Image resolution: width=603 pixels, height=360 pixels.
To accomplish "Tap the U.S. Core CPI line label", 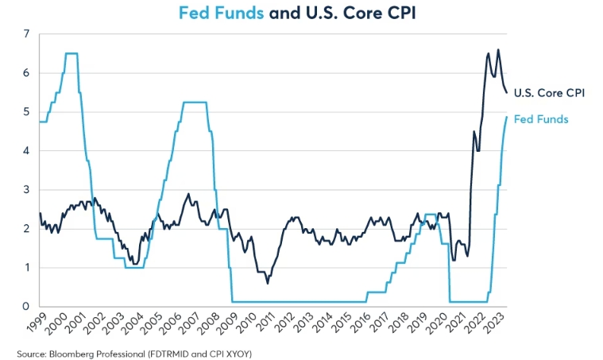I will point(549,93).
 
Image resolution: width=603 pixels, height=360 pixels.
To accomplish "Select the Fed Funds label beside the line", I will point(541,119).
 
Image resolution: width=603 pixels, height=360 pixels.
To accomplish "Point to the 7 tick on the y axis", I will point(26,34).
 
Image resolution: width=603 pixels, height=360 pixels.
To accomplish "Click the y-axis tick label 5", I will point(26,112).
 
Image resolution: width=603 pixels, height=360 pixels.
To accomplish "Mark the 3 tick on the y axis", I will point(26,190).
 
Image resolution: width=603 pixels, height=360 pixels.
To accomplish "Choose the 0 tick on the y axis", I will point(26,307).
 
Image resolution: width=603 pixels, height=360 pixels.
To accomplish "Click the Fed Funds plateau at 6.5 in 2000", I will point(71,53).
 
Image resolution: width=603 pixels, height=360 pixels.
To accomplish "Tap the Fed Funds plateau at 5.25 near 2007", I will point(195,102).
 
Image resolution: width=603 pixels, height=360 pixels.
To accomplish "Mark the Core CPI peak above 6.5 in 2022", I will point(498,50).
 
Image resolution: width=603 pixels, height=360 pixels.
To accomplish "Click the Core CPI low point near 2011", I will point(267,282).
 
